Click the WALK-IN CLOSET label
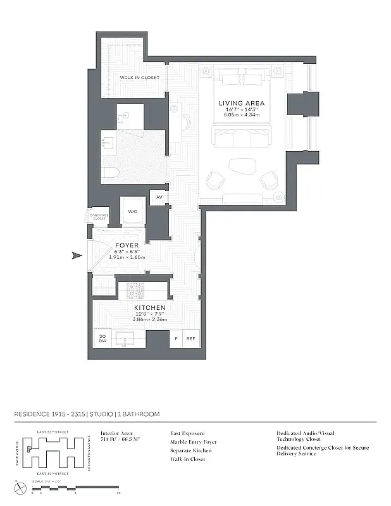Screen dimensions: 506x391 [139, 78]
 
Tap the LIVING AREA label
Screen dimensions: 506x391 [242, 103]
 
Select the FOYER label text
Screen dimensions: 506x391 [127, 245]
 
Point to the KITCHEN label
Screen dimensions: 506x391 [149, 307]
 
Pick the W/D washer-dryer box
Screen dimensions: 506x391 [133, 211]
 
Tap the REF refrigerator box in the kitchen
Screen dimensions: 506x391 [190, 339]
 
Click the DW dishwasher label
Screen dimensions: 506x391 [102, 342]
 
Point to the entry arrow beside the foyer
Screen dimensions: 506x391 [77, 256]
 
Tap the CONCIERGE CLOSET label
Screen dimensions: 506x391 [99, 216]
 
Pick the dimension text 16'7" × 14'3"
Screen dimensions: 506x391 [242, 110]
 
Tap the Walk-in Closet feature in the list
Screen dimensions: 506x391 [187, 460]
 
